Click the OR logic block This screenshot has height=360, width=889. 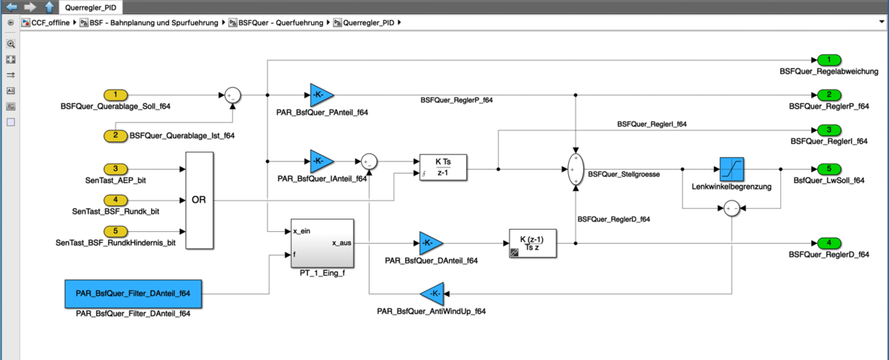point(199,200)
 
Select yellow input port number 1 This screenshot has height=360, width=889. point(116,95)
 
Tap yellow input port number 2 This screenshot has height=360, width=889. point(116,136)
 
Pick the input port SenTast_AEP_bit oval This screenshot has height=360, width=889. point(116,169)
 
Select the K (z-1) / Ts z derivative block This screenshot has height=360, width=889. point(533,242)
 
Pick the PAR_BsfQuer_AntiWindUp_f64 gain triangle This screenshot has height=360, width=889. point(432,293)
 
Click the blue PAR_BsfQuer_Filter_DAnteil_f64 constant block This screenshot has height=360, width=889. point(133,293)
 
